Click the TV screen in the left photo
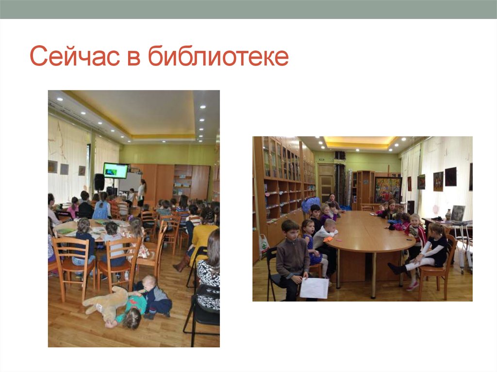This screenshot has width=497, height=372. (x=116, y=170)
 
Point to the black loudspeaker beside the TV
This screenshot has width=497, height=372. (x=99, y=181)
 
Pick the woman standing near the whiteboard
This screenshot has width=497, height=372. (x=142, y=192)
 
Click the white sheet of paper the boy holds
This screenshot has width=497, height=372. (x=314, y=288)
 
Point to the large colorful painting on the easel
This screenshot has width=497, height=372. (x=388, y=189)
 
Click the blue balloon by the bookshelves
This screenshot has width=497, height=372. (x=310, y=204)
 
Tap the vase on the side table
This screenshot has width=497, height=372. (x=448, y=214)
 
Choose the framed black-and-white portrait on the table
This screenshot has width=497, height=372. (x=458, y=212)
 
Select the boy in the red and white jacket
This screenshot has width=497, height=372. (x=415, y=233)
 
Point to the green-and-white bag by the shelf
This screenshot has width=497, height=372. (x=264, y=245)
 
